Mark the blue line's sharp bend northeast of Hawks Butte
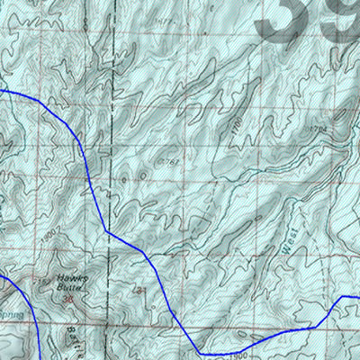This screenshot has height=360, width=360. [x=106, y=230]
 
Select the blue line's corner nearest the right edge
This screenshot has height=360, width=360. [x=342, y=300]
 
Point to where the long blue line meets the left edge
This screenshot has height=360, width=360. [x=2, y=91]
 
